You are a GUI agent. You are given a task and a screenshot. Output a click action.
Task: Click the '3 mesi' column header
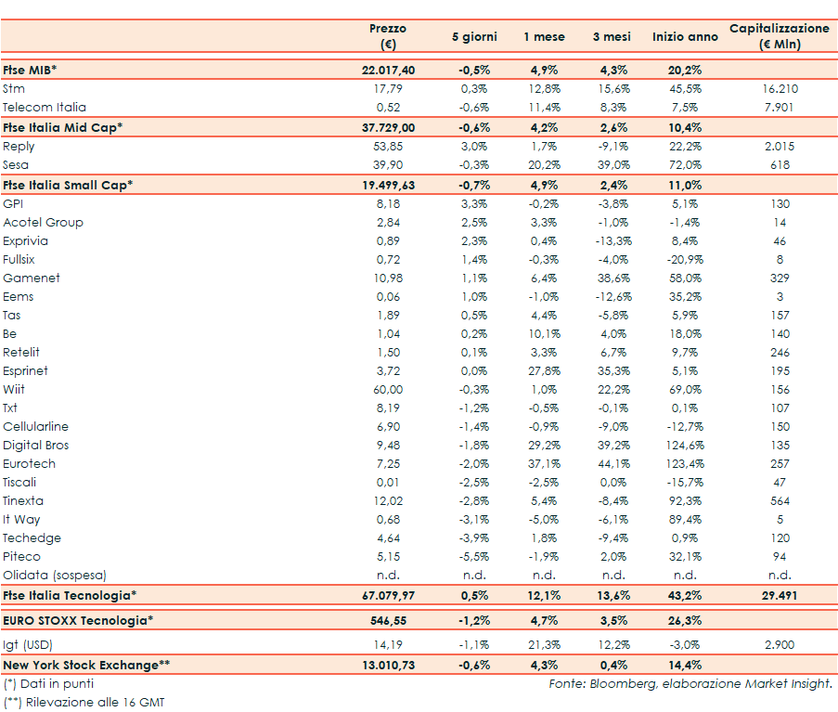[612, 37]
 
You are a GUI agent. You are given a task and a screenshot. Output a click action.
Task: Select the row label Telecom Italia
[45, 108]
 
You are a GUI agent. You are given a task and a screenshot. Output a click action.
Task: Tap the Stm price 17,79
[388, 89]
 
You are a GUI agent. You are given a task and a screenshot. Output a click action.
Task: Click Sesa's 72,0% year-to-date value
[685, 164]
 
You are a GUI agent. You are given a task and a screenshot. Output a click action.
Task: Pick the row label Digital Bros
[36, 446]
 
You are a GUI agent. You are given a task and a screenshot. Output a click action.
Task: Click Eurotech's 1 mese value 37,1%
[543, 464]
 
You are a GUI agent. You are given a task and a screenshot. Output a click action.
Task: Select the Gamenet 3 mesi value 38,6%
[612, 278]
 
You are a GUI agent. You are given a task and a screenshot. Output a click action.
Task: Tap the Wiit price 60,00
[388, 390]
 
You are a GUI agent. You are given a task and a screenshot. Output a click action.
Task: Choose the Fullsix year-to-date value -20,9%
[685, 260]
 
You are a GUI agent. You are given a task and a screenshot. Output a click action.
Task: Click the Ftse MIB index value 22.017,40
[388, 71]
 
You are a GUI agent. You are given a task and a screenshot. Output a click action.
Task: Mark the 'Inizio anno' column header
[685, 37]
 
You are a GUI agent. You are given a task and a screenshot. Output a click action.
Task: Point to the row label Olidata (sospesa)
[55, 576]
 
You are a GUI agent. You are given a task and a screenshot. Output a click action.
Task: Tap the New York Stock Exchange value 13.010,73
[388, 666]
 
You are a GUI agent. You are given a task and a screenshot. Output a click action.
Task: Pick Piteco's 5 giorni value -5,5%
[474, 557]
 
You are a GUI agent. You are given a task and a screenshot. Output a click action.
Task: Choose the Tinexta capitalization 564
[780, 501]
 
